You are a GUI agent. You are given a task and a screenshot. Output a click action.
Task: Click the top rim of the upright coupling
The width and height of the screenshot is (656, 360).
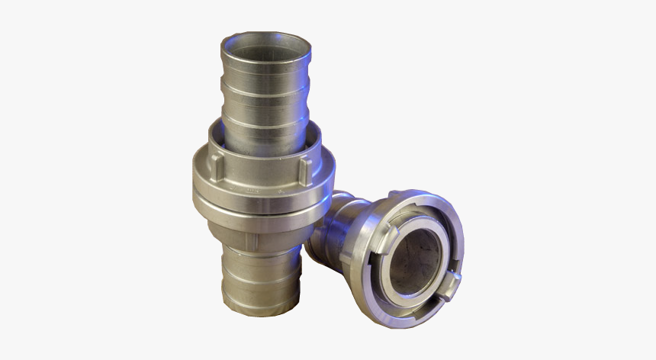pos(266,37)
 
